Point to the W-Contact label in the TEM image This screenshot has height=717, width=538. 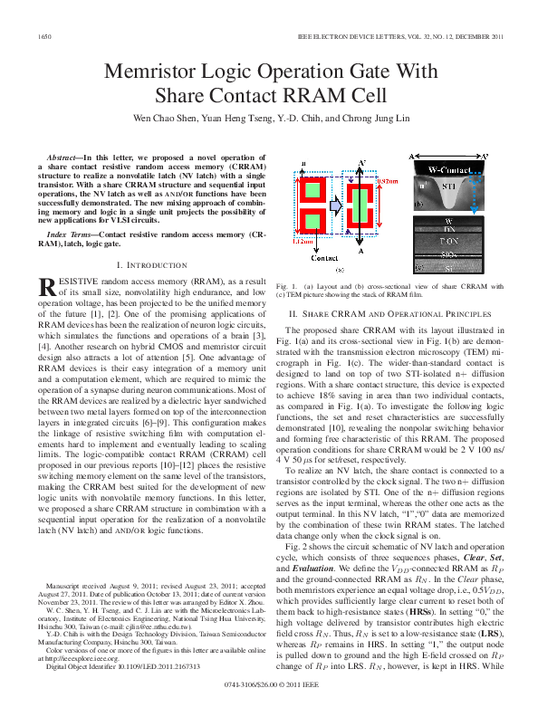tap(448, 169)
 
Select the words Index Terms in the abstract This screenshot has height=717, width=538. tap(67, 234)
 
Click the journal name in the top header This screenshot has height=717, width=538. tap(399, 35)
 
